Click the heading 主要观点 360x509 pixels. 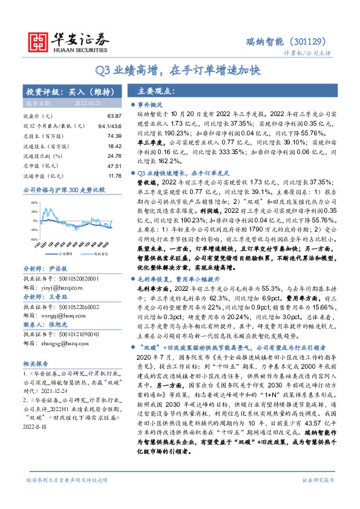(156, 91)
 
